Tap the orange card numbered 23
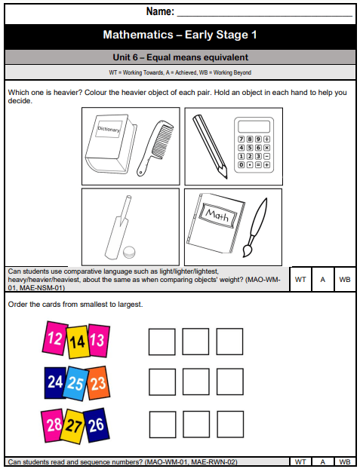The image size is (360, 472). [99, 382]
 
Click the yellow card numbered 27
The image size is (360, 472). [75, 426]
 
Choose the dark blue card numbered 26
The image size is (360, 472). [95, 424]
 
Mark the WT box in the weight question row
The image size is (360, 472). [300, 279]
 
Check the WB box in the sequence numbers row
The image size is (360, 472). [343, 461]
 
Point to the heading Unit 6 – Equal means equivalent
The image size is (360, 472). [180, 57]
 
